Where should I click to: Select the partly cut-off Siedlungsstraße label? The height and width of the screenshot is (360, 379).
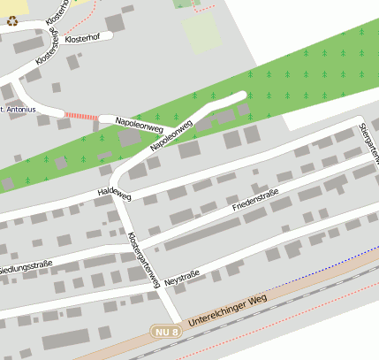pyautogui.click(x=27, y=267)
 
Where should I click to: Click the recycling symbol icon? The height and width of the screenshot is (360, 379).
pyautogui.click(x=12, y=20)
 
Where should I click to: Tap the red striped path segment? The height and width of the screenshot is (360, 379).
pyautogui.click(x=81, y=117)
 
